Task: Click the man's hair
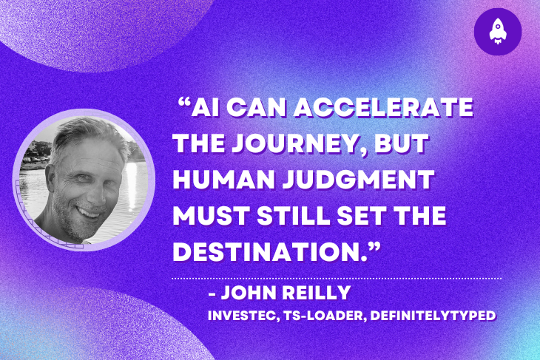[x=81, y=137]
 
